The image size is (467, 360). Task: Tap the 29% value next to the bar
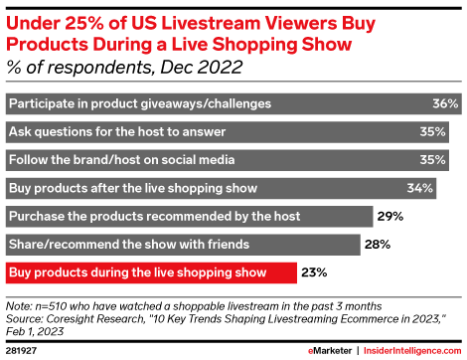pos(389,215)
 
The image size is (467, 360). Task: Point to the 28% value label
pos(376,243)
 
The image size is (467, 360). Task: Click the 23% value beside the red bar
pos(314,270)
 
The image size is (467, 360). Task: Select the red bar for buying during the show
pos(149,270)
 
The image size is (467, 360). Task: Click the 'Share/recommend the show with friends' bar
pos(179,243)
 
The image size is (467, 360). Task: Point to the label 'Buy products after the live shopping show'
pos(133,187)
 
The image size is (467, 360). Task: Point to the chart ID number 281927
pos(22,349)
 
